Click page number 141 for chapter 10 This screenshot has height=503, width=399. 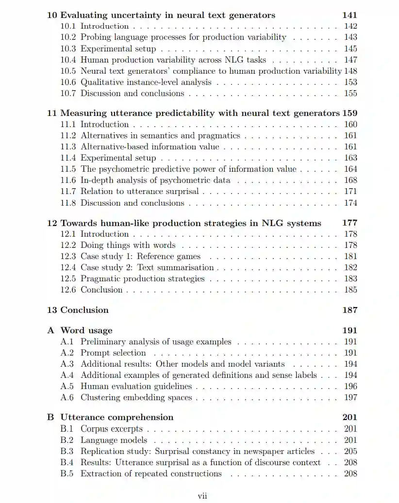(x=349, y=15)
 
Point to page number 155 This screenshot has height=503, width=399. (x=350, y=93)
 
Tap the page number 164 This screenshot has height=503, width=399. (x=350, y=169)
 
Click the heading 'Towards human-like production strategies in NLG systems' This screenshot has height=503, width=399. (x=190, y=223)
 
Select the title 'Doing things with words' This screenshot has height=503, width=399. (x=128, y=245)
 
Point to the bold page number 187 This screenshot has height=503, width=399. (x=349, y=310)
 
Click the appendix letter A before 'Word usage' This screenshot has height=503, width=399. (x=50, y=330)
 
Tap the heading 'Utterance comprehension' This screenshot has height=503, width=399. (x=116, y=417)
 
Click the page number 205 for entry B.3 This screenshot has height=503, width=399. (x=350, y=451)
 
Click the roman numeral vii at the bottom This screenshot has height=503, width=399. (x=202, y=496)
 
